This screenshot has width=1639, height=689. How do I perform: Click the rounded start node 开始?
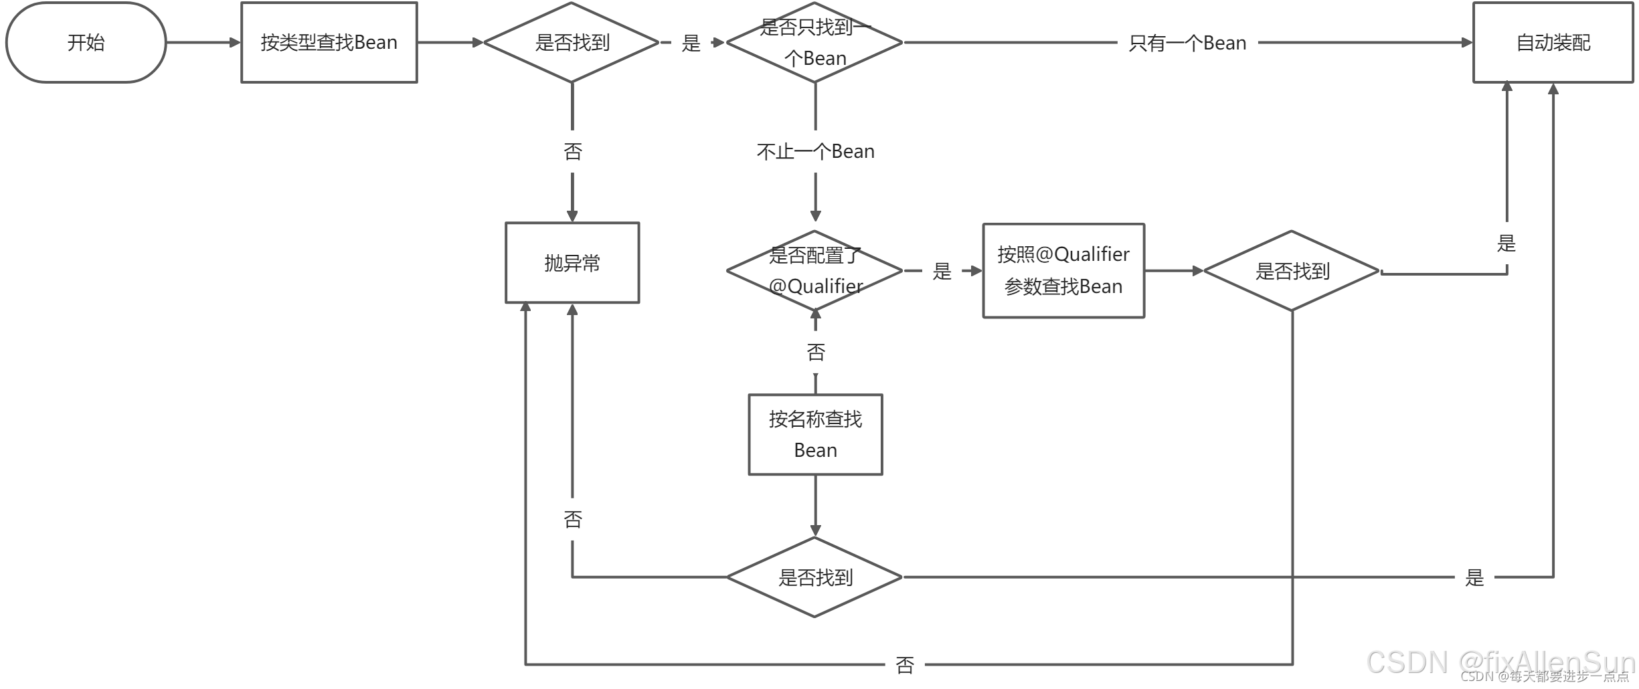(86, 42)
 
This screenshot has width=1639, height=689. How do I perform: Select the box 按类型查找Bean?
(329, 42)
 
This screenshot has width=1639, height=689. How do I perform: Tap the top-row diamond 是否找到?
(572, 42)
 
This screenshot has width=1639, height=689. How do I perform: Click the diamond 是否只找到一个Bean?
(814, 42)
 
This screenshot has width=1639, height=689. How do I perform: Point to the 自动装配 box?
(1553, 42)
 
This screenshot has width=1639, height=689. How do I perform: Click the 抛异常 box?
(572, 262)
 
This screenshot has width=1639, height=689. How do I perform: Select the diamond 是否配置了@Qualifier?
(814, 270)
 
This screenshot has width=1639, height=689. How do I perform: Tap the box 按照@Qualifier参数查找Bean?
(1063, 270)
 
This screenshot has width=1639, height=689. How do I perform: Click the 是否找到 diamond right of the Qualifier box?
(1291, 270)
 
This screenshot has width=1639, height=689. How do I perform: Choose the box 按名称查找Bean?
(814, 434)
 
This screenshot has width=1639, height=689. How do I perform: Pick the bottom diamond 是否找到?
(814, 577)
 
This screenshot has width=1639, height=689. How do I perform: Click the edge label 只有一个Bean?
(1187, 43)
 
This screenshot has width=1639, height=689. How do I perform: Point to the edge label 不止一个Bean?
(814, 151)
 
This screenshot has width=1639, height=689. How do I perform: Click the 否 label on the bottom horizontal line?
(904, 664)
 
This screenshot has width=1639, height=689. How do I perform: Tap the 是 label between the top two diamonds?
(691, 43)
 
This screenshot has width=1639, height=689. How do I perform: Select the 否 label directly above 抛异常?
(572, 151)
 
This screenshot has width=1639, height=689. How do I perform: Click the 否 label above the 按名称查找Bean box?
(815, 352)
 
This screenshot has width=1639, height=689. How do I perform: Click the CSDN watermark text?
(1499, 662)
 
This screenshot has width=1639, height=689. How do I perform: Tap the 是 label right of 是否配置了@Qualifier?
(942, 271)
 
